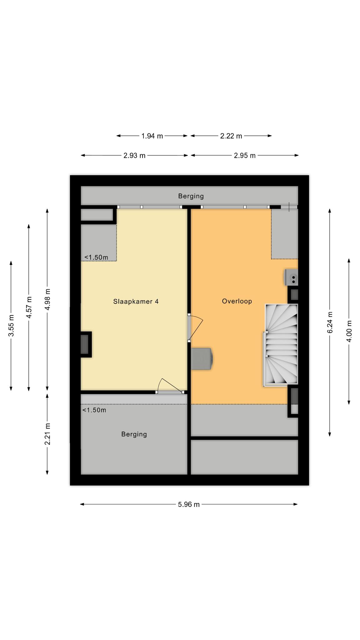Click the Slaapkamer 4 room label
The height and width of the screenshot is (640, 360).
pos(136,302)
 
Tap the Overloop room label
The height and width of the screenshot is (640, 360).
pos(237,301)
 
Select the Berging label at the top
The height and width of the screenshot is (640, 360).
pos(191,196)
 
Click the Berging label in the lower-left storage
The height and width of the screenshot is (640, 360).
pos(134,434)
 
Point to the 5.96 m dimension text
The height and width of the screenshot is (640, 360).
pos(189,504)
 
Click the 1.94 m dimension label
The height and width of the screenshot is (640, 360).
pos(152,136)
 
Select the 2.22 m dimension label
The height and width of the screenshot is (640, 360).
pos(231,136)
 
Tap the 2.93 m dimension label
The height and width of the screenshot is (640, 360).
pos(134,156)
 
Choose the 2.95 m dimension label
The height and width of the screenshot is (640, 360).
pos(245,156)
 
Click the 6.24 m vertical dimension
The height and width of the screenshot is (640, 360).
pos(330,322)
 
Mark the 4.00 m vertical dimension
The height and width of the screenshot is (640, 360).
pos(349,331)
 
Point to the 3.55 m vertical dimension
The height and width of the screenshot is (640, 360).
pos(11,326)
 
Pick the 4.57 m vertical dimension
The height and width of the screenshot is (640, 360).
pos(29,307)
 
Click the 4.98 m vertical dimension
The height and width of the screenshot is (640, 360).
pos(47,299)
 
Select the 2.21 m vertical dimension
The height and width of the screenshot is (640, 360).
pos(47,434)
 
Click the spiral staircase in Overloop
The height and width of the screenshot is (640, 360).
pos(281,344)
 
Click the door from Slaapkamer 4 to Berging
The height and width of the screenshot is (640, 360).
pos(169,387)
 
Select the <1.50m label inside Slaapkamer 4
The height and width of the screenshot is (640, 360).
pos(96,257)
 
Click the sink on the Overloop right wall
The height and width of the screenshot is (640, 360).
pos(291,277)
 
